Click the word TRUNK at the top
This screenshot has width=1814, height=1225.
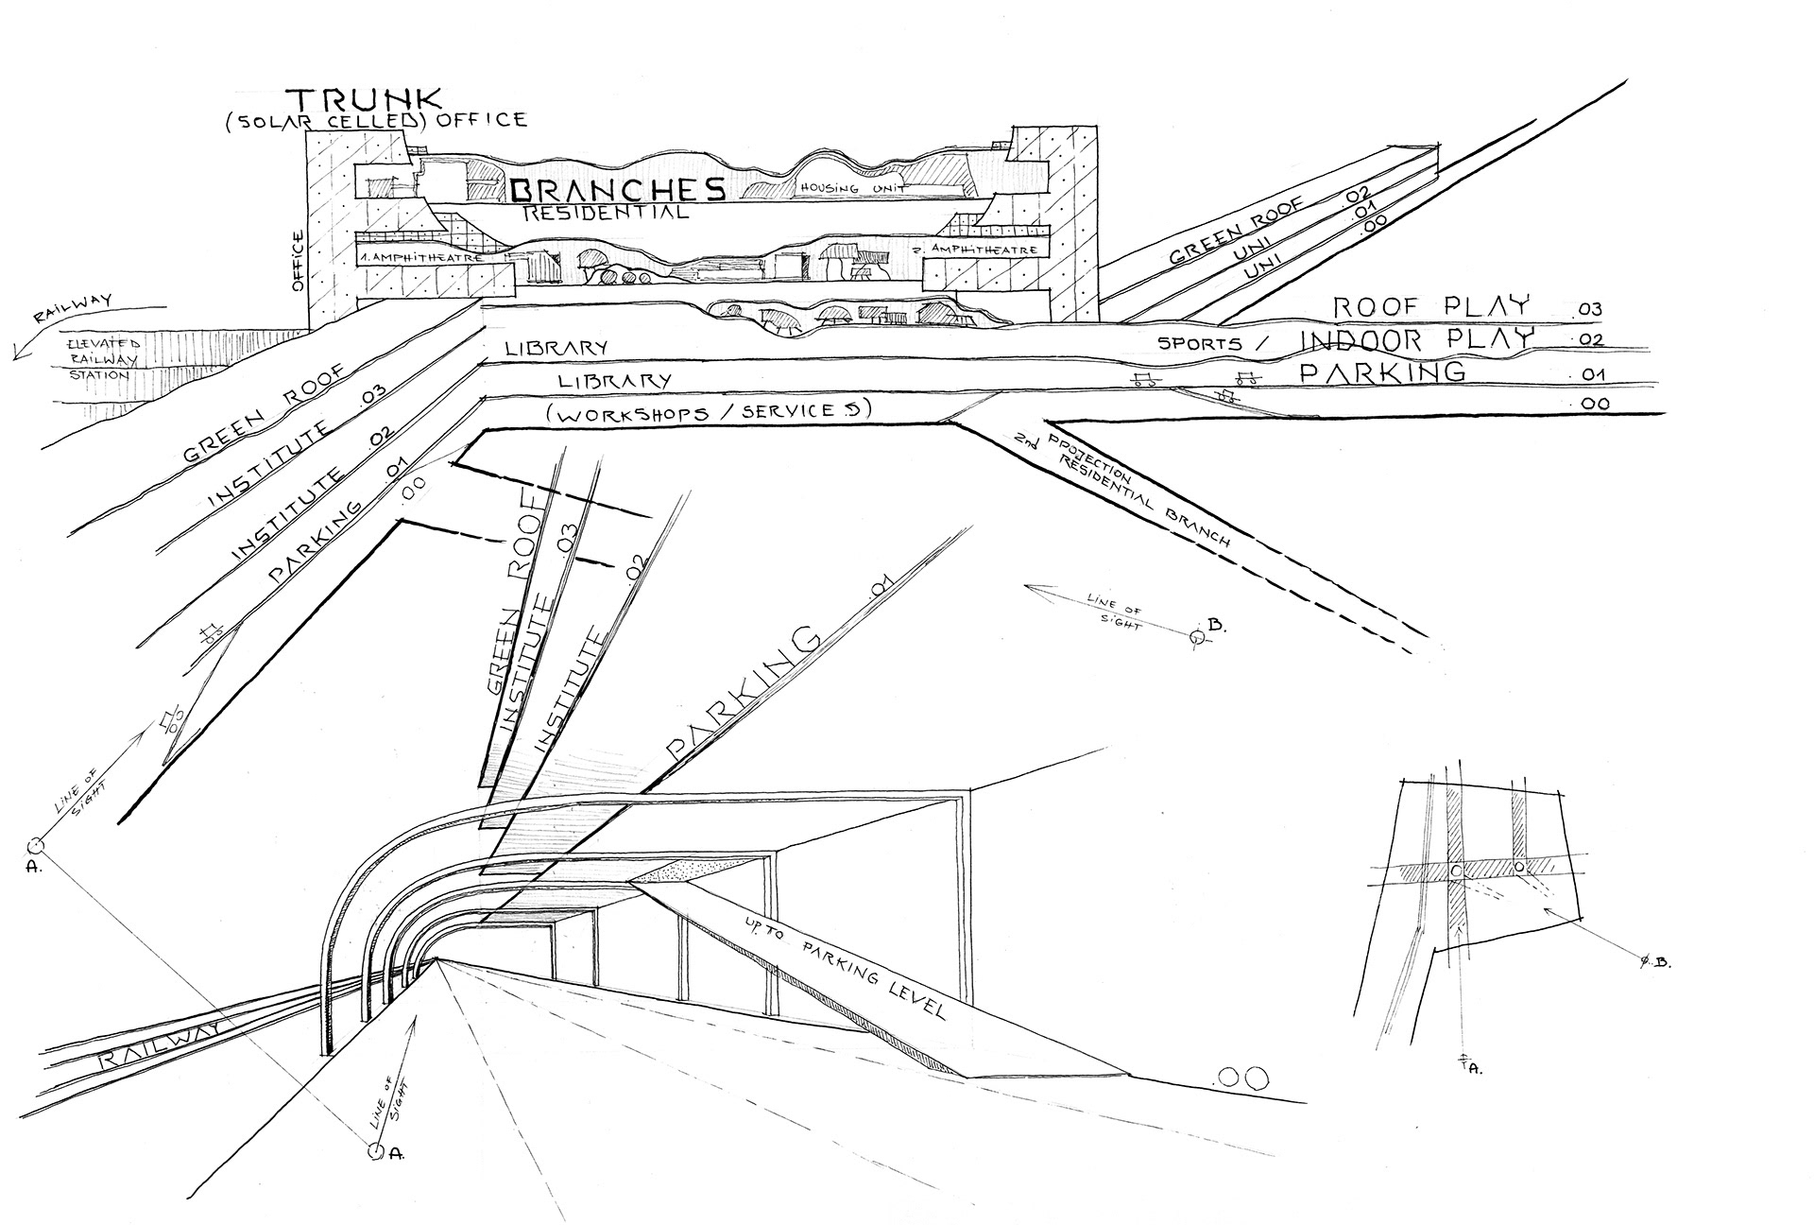coord(363,99)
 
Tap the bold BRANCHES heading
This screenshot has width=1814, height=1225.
coord(619,190)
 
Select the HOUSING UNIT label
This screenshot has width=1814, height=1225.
coord(854,188)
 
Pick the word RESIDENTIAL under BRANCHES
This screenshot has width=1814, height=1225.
coord(605,214)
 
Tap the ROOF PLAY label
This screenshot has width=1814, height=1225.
coord(1430,306)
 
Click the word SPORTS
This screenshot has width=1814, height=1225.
coord(1201,343)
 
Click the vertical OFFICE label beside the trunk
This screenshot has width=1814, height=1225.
coord(300,261)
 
